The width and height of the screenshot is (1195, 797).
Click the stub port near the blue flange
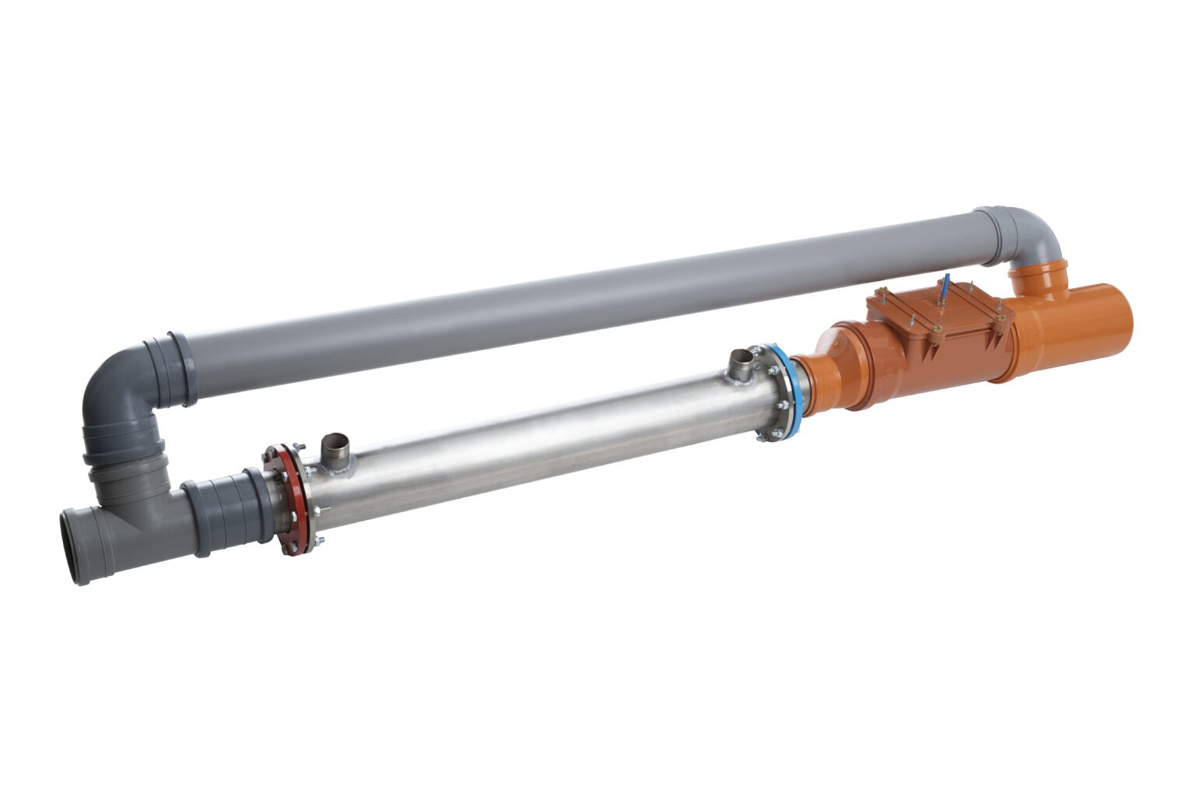743,364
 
